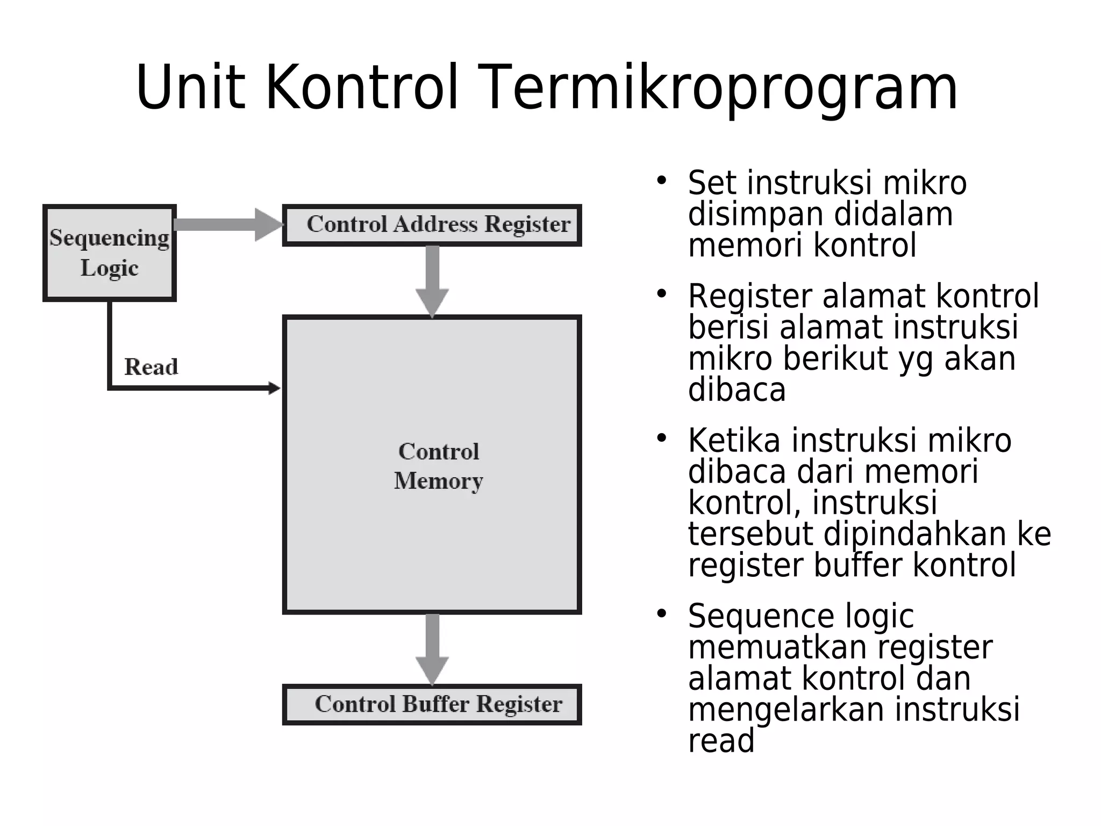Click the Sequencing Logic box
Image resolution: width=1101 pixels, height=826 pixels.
(x=109, y=253)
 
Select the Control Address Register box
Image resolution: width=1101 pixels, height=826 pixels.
(x=432, y=225)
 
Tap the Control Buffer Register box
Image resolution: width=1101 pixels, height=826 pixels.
(x=432, y=704)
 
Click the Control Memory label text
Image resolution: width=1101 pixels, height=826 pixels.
(x=438, y=466)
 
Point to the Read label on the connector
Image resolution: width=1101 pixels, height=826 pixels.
(x=151, y=367)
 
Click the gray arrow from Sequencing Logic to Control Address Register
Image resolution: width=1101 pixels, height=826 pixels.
(x=226, y=224)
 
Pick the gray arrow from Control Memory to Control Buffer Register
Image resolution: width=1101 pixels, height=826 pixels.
(x=432, y=648)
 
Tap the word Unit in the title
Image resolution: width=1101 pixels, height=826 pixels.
(x=190, y=88)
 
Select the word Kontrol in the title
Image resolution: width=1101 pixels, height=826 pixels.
(x=362, y=88)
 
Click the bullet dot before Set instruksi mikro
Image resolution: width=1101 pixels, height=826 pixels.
(x=661, y=180)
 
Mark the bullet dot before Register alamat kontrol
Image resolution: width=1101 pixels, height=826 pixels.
(x=661, y=293)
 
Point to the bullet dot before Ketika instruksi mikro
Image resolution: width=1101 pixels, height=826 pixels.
(x=661, y=438)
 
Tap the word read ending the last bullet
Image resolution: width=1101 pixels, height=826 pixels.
(x=721, y=741)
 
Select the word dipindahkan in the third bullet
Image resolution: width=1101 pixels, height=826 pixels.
(x=914, y=534)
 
